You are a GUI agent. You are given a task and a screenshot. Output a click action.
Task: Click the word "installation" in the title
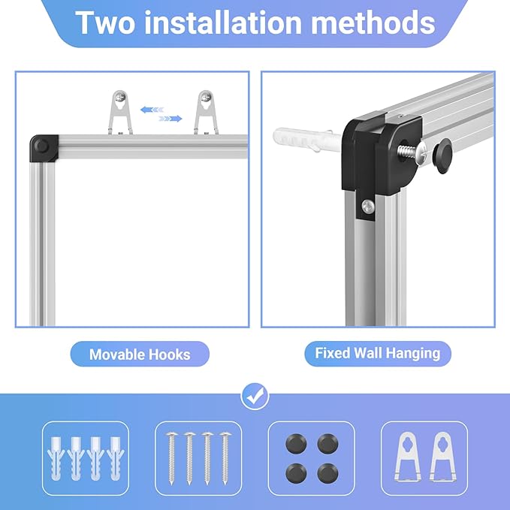[223, 22]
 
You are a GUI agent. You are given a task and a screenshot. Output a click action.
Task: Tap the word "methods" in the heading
[373, 22]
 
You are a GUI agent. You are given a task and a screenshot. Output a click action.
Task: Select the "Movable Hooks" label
[140, 355]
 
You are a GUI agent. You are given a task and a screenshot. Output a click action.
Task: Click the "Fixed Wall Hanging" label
[378, 353]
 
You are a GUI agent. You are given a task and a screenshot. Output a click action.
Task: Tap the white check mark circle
[255, 396]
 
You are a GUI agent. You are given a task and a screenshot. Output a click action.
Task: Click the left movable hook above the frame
[120, 112]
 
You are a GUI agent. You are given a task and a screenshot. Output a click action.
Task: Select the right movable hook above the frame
[206, 112]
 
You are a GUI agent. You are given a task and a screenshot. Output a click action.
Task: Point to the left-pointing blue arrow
[152, 110]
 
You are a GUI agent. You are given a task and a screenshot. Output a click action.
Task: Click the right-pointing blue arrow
[170, 119]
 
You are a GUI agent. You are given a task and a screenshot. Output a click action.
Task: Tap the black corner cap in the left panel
[44, 148]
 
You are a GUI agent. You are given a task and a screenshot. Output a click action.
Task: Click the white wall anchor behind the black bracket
[306, 139]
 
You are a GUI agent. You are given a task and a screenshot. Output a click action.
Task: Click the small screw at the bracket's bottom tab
[368, 207]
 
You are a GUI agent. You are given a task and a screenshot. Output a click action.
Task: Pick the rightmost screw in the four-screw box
[225, 458]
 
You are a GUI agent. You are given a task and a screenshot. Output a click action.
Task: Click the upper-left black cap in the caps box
[296, 444]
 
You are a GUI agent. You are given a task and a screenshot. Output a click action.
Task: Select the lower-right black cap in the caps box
[327, 473]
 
